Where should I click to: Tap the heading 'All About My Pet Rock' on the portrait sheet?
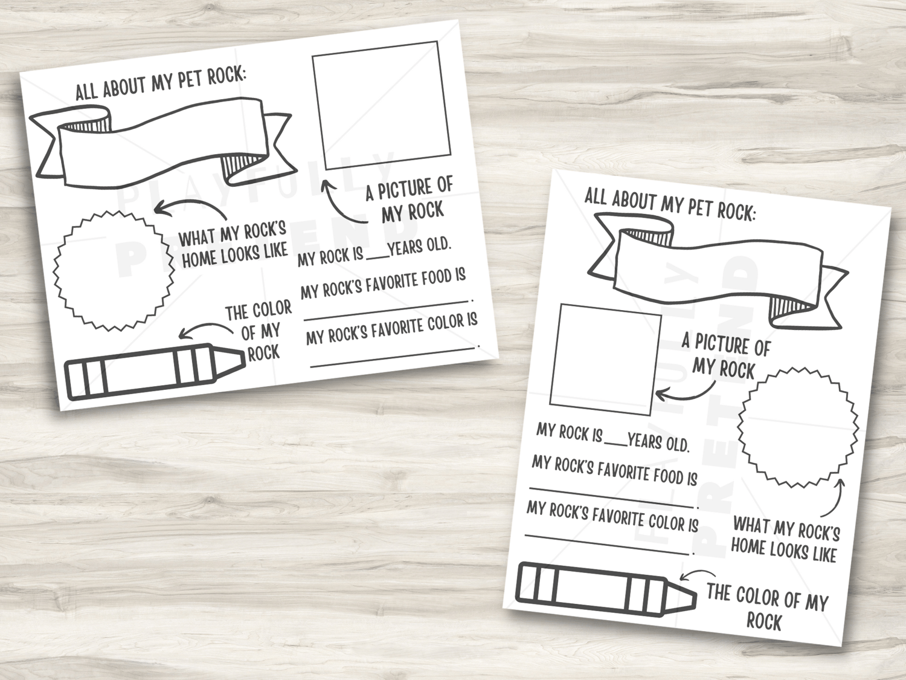tap(670, 205)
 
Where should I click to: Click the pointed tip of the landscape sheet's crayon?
tap(245, 359)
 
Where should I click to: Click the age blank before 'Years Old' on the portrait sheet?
tap(615, 444)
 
